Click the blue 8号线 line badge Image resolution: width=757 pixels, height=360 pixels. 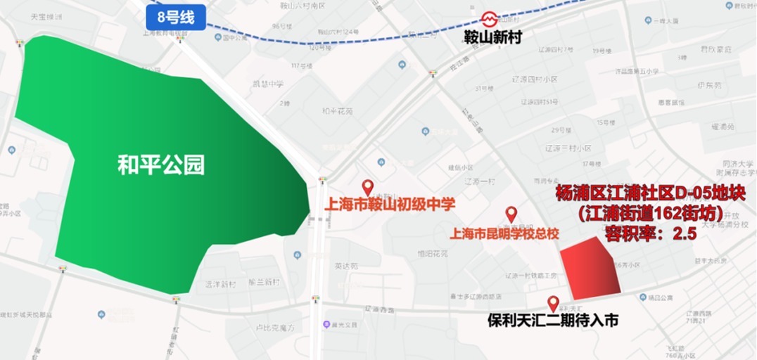pos(176,18)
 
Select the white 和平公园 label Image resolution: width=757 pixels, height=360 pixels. pos(161,165)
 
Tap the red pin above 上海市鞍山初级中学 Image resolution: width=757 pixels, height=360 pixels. pos(367,188)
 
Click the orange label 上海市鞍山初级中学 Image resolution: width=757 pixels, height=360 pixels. pos(389,205)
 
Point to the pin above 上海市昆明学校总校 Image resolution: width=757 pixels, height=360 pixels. pos(511,214)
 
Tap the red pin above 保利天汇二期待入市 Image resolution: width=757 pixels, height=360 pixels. pos(554,303)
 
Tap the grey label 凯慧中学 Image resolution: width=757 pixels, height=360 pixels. pos(268,84)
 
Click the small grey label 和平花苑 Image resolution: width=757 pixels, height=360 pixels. pos(337,111)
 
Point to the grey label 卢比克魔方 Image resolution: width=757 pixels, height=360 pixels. pos(274,327)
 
